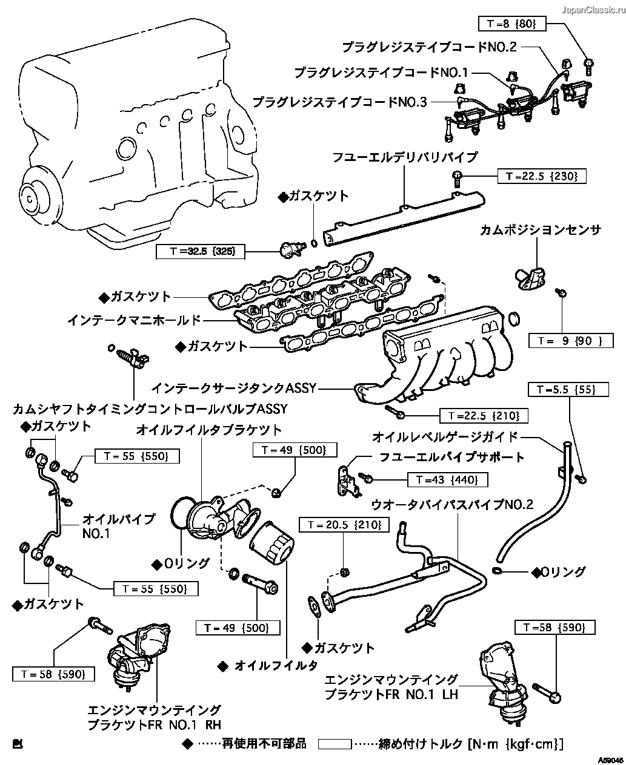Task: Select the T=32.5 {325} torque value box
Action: [x=201, y=252]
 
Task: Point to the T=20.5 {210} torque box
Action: [x=345, y=525]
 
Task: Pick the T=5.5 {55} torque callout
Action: [x=558, y=389]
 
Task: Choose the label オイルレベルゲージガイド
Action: [x=445, y=436]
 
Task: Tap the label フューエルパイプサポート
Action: [x=451, y=457]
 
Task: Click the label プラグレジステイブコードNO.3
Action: [x=339, y=102]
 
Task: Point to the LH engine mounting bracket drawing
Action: [x=501, y=683]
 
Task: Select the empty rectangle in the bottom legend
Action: [x=335, y=743]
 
